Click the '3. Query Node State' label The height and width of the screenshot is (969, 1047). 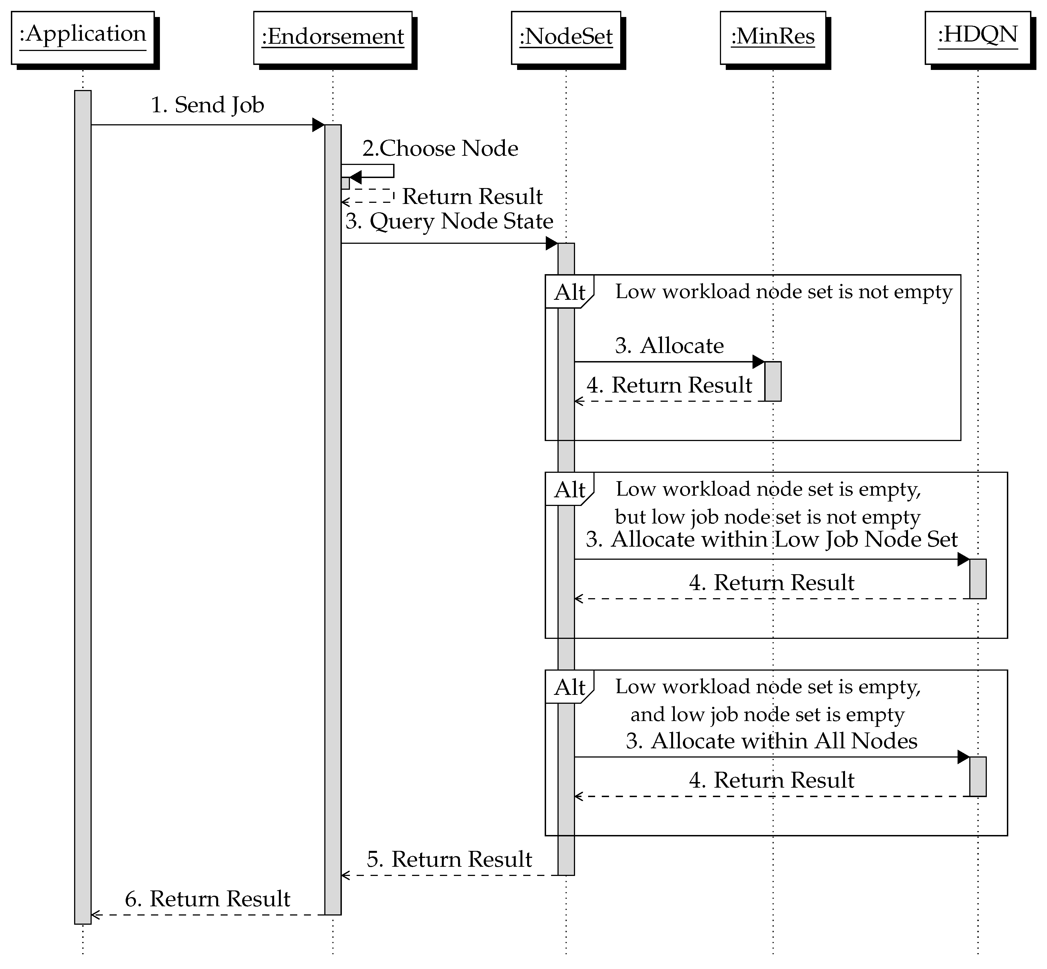449,221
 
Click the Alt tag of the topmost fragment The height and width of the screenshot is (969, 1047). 569,292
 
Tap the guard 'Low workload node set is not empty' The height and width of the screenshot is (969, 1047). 783,291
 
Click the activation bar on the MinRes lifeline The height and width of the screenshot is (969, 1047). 773,381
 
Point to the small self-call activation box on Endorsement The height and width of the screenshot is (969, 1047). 345,183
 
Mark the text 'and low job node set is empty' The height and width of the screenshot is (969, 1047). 768,714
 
